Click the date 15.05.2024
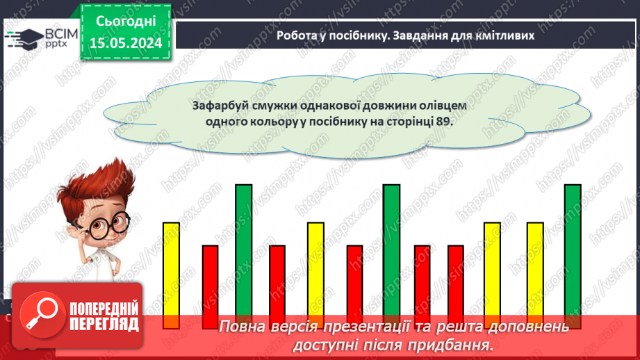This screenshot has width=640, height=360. click(x=126, y=42)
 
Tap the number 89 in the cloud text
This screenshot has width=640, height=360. click(x=443, y=120)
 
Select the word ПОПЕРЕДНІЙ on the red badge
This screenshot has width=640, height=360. click(x=105, y=307)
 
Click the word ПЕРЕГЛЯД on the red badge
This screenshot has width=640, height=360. click(x=105, y=324)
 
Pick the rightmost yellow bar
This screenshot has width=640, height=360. click(x=535, y=271)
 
